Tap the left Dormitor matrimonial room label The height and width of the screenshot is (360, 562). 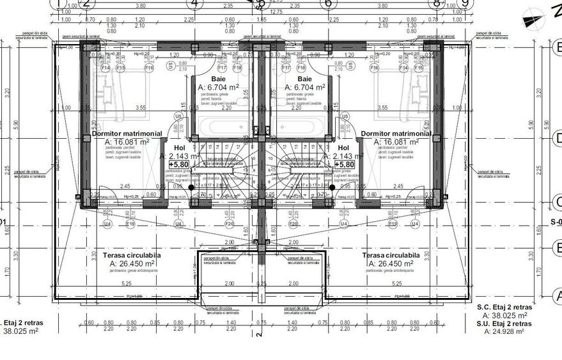pyautogui.click(x=128, y=134)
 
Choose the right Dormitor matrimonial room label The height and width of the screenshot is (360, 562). pyautogui.click(x=396, y=134)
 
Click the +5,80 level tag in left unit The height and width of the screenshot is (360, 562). pyautogui.click(x=178, y=164)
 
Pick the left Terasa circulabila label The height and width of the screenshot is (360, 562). pyautogui.click(x=132, y=255)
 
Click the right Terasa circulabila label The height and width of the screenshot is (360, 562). pyautogui.click(x=391, y=255)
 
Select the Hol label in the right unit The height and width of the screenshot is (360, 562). pyautogui.click(x=343, y=147)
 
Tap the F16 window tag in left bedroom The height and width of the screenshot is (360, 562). pyautogui.click(x=150, y=67)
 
